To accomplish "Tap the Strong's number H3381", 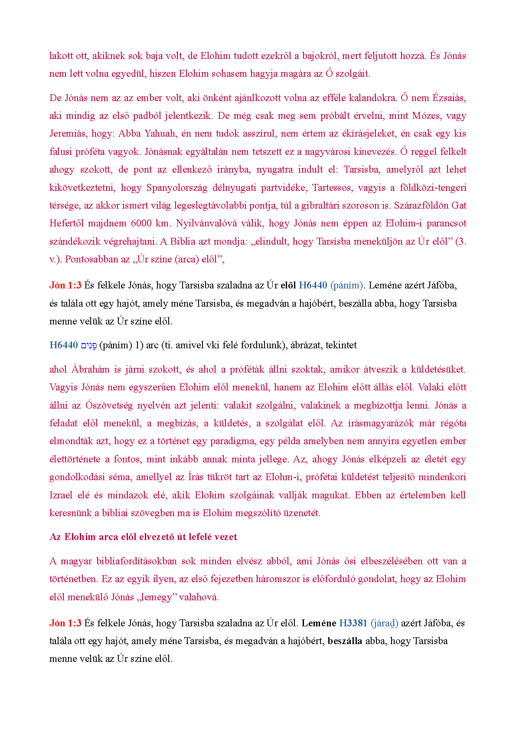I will [353, 623].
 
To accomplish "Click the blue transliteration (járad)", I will [384, 623].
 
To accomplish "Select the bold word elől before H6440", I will [288, 285].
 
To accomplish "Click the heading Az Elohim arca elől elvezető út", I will [143, 537].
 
